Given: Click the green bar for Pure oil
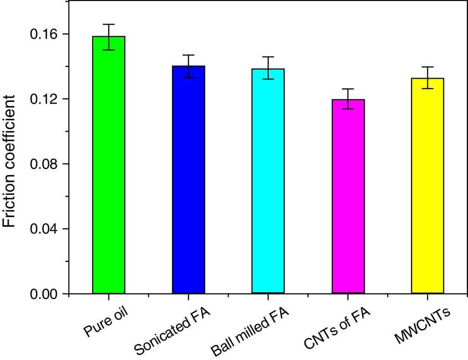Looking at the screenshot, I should pyautogui.click(x=109, y=164).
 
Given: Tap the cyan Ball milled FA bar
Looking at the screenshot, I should pyautogui.click(x=268, y=181).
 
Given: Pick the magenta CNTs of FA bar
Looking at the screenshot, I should pyautogui.click(x=348, y=196).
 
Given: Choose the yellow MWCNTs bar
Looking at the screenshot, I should pyautogui.click(x=427, y=185).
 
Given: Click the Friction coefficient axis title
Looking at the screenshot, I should pyautogui.click(x=11, y=161).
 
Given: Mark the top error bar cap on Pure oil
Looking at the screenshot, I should pyautogui.click(x=109, y=24).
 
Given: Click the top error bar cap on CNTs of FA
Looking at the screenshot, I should pyautogui.click(x=348, y=89).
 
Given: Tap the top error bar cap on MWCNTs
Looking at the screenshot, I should pyautogui.click(x=427, y=67).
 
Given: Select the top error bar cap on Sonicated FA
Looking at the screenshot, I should pyautogui.click(x=188, y=55).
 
